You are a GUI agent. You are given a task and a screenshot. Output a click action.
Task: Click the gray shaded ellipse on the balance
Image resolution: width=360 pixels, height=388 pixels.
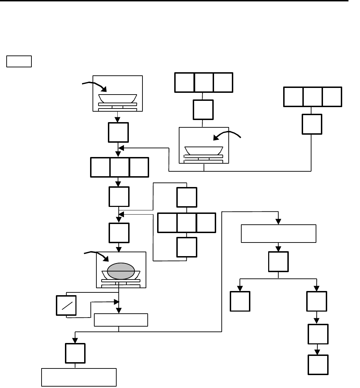click(x=120, y=271)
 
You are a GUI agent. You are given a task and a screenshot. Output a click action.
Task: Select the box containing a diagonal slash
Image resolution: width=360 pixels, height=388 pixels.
click(x=66, y=306)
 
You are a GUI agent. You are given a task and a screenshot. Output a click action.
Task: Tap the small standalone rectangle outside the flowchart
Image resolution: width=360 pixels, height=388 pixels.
click(x=19, y=61)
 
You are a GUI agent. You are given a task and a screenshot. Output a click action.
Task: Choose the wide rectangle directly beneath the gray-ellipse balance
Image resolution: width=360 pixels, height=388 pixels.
click(x=121, y=320)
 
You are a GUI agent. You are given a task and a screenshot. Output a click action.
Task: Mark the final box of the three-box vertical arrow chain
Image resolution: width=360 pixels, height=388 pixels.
click(x=318, y=365)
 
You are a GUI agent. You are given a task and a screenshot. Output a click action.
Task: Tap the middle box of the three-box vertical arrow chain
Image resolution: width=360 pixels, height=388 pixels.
click(x=318, y=334)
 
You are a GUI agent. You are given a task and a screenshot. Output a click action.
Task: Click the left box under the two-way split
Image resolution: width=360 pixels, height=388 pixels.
click(x=240, y=301)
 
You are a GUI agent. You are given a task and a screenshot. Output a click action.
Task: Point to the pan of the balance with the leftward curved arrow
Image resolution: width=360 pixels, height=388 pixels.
click(x=204, y=150)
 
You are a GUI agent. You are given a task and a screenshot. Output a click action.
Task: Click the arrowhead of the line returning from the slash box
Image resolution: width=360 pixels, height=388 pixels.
click(x=117, y=301)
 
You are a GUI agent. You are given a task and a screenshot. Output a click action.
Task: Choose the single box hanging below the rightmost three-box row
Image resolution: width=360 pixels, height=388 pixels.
click(x=311, y=124)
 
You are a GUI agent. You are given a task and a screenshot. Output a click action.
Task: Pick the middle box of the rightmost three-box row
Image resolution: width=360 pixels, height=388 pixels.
click(x=313, y=97)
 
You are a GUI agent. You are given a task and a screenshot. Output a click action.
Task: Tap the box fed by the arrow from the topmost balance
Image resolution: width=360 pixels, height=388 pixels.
click(x=118, y=132)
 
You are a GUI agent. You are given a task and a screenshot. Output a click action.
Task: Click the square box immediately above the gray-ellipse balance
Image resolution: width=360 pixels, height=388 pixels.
click(x=119, y=233)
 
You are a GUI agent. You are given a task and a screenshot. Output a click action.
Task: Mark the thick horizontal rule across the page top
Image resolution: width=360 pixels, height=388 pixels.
click(x=175, y=1)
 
